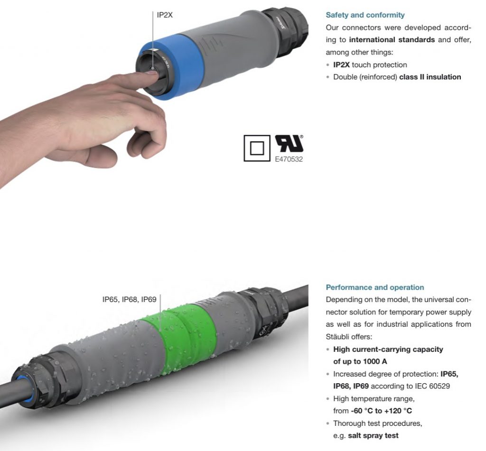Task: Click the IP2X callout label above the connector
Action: [165, 15]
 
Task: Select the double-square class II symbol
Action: [257, 148]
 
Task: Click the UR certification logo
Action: [289, 144]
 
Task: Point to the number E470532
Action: [289, 159]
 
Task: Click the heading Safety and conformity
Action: [365, 15]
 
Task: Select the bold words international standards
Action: [392, 40]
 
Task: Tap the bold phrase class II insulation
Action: [430, 77]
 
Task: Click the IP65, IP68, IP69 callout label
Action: [129, 299]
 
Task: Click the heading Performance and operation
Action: [375, 287]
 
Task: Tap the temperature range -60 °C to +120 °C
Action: [382, 411]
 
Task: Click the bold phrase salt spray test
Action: [373, 435]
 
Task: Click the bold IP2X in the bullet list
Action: [341, 65]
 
